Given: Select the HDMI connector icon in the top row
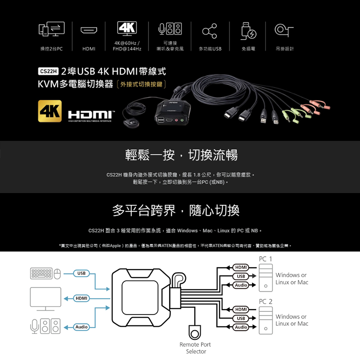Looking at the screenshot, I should pos(89,31).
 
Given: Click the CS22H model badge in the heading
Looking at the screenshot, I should pos(47,71).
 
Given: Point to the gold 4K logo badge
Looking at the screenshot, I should pos(50,110).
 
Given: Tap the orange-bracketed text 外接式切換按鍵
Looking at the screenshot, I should pos(141,84).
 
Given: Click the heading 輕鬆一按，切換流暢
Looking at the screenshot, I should pos(181,155).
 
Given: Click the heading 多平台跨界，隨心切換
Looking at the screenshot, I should pos(176,210).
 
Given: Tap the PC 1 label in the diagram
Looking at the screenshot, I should pos(265,259).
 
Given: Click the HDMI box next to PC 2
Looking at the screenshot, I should pos(241,310).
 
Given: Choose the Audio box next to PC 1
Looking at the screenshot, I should pos(241,285).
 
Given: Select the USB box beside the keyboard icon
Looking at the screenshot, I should pos(81,273).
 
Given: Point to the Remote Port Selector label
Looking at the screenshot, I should pos(195,348).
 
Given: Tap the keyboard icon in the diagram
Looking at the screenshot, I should pos(41,273).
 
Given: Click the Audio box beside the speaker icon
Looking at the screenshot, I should pos(81,327).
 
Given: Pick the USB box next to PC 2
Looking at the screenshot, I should pos(241,319).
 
